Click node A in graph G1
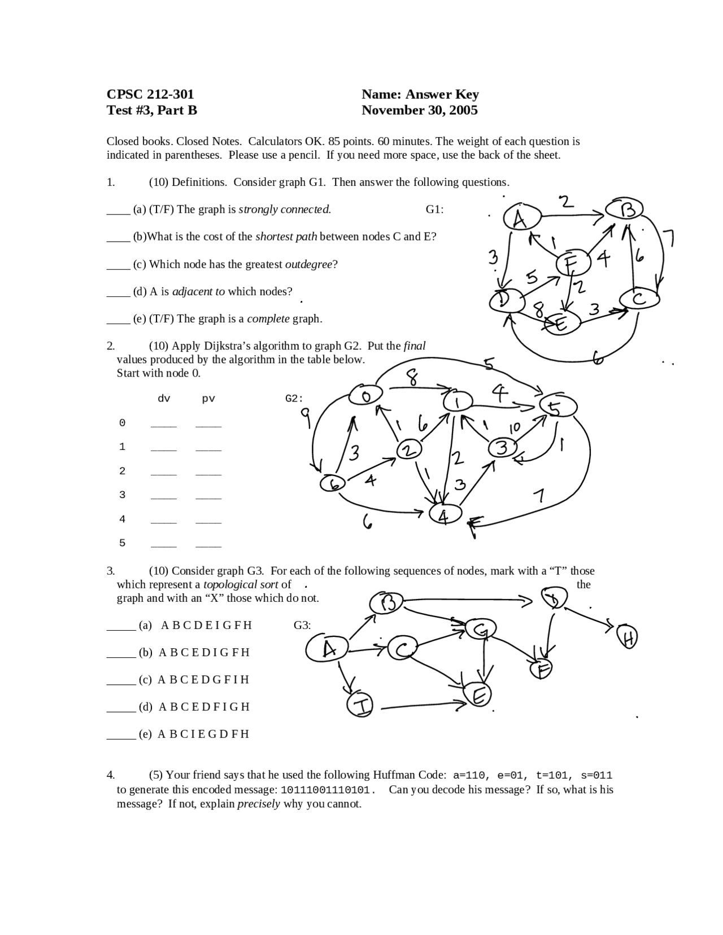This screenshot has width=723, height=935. pos(520,218)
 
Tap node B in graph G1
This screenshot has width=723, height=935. pos(624,209)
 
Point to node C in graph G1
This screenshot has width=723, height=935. pos(639,298)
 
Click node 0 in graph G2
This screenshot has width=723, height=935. pos(365,396)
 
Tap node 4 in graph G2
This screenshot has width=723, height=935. pos(445,515)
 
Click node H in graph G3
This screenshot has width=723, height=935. pos(627,637)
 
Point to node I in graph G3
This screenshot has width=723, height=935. pos(360,705)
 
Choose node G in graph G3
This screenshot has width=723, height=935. pos(481,628)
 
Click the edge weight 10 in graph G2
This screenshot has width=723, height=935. pos(514,428)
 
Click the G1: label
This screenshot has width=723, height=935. pos(434,209)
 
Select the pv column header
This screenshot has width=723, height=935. pos(208,399)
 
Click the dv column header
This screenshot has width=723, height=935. pos(164,399)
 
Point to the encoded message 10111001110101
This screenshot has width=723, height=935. pos(328,789)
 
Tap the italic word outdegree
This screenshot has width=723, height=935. pos(308,264)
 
